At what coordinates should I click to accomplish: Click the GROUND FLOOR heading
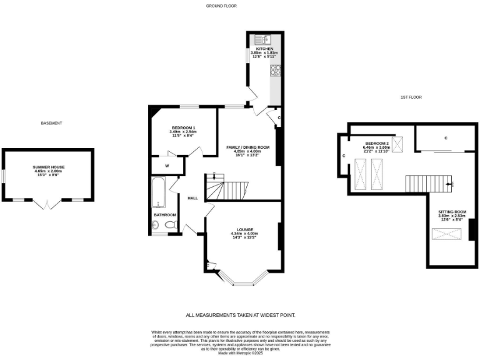click(222, 6)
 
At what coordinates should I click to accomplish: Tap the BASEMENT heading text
click(52, 123)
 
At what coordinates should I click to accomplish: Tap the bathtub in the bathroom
click(157, 192)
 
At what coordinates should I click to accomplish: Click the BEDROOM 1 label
click(183, 127)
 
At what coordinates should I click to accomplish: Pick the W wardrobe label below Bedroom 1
click(167, 166)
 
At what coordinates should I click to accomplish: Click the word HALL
click(192, 198)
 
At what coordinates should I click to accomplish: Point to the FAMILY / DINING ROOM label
click(247, 147)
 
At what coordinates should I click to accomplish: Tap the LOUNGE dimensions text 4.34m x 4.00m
click(243, 234)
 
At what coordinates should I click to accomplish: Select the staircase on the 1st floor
click(428, 183)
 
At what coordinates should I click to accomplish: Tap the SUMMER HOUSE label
click(49, 167)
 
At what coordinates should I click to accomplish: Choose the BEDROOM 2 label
click(377, 143)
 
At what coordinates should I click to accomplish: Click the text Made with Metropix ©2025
click(240, 353)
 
